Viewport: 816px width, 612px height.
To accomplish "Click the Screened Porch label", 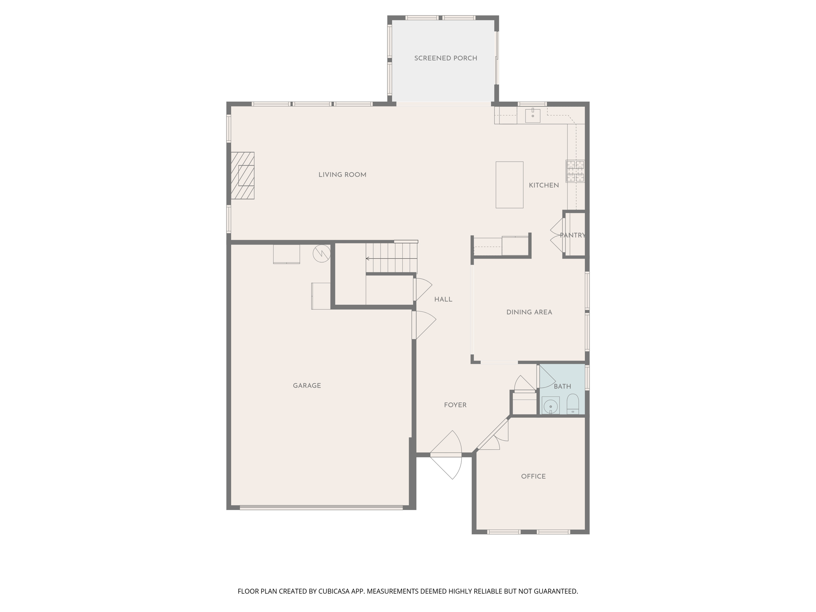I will point(445,58).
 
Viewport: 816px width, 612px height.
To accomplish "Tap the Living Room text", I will point(342,175).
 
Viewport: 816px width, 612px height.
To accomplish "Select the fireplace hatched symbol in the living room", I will point(243,175).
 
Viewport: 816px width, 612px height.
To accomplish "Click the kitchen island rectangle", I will point(509,185).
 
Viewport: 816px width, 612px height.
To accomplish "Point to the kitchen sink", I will point(533,115).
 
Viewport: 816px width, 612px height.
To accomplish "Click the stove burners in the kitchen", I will point(575,171).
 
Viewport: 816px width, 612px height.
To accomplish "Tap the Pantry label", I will point(573,235).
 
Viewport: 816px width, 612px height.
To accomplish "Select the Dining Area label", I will point(529,312).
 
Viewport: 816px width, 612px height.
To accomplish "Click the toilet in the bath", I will point(573,404).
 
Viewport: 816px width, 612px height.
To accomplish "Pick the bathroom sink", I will point(551,406).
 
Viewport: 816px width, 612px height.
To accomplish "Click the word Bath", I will point(562,386).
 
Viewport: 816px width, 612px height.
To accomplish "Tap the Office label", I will point(533,476).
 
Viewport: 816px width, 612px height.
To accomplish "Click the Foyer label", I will point(455,405).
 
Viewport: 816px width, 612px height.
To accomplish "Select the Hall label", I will point(443,299).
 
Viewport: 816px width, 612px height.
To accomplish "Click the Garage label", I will point(307,385).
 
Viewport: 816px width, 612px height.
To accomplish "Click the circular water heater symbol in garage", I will point(322,253).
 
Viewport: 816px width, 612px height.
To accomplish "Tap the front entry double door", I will point(446,455).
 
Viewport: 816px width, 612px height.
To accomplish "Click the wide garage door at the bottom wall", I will point(321,508).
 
